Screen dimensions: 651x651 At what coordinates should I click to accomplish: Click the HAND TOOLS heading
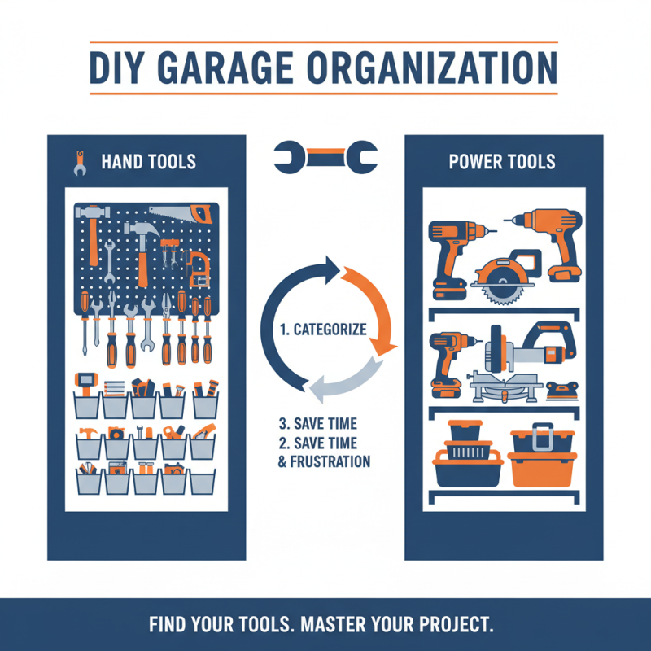click(x=148, y=161)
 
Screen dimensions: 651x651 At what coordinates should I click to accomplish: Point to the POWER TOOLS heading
click(x=502, y=161)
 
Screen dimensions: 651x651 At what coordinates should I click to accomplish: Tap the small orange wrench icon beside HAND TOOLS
click(x=80, y=162)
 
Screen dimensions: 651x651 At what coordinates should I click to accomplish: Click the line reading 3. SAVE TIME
click(x=318, y=426)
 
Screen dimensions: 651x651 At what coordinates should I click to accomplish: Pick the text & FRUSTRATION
click(x=319, y=461)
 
